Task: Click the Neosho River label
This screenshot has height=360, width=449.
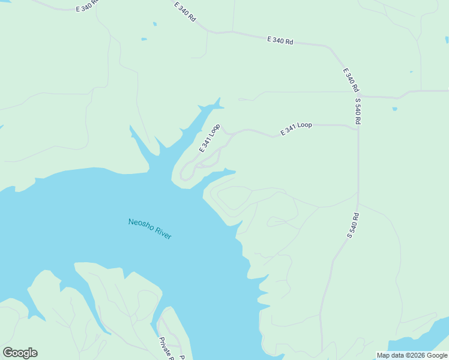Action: (x=150, y=229)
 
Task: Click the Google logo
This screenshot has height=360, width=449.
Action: (x=20, y=353)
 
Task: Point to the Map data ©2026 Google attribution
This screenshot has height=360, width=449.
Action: (x=412, y=355)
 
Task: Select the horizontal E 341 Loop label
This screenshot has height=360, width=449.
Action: (x=296, y=128)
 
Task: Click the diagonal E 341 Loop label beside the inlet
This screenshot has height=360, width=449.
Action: (x=210, y=137)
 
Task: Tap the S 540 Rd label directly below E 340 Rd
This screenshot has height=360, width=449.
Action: (x=358, y=111)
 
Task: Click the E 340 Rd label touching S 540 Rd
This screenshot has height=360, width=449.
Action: (x=349, y=80)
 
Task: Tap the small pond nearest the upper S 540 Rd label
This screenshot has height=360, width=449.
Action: (x=394, y=109)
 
